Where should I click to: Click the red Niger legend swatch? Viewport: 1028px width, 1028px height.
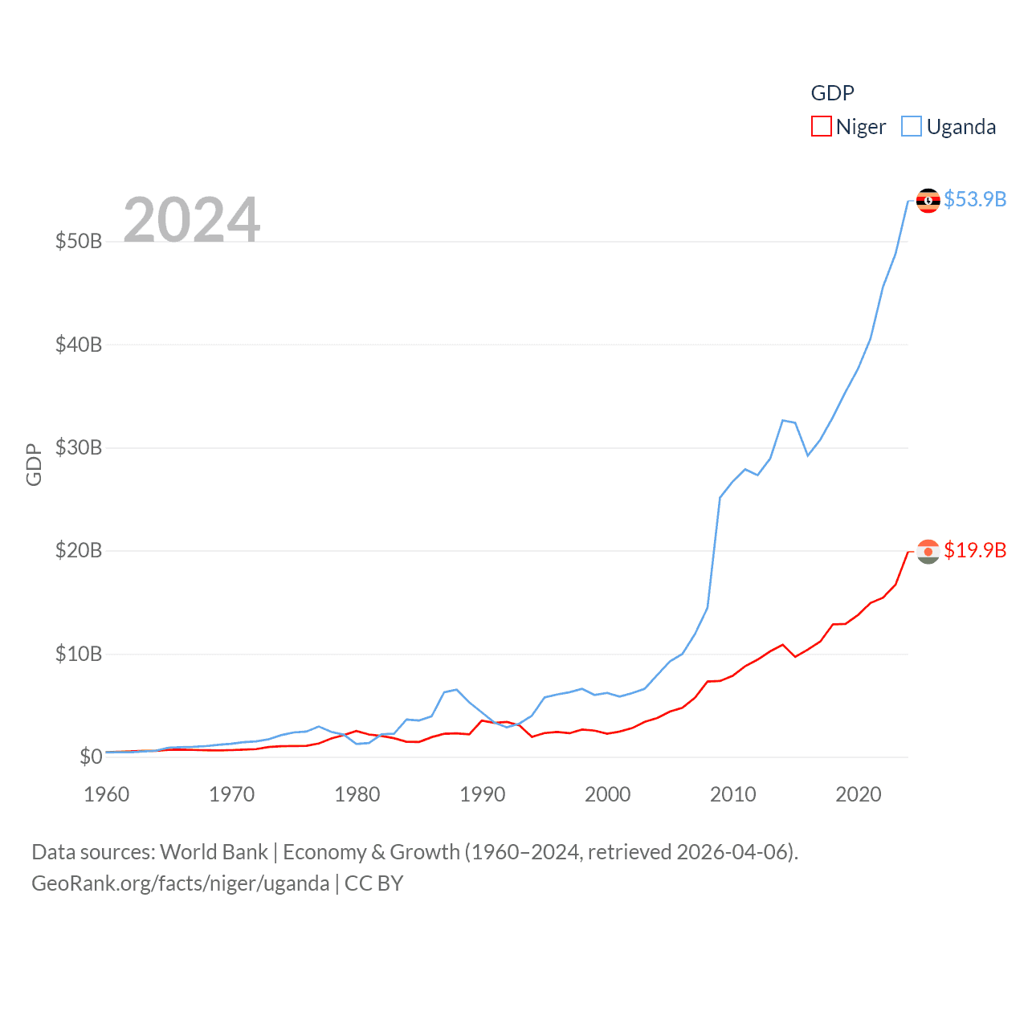(821, 127)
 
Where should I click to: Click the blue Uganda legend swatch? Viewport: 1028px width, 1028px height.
(911, 127)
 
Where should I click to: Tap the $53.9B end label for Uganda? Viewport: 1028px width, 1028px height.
(975, 199)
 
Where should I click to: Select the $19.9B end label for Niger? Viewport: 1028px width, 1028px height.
(975, 550)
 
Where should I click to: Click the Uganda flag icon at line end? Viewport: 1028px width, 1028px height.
(928, 201)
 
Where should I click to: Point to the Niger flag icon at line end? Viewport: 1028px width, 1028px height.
(928, 552)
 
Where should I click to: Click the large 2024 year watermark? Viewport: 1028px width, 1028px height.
(191, 219)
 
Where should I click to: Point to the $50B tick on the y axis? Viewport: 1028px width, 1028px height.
(79, 241)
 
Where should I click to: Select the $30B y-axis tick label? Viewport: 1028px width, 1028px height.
(79, 447)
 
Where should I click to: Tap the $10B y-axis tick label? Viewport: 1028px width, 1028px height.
(79, 654)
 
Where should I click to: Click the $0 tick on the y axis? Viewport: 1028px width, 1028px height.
(91, 757)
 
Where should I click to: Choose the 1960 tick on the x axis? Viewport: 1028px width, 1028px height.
(107, 794)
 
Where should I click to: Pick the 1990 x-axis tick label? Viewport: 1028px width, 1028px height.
(483, 794)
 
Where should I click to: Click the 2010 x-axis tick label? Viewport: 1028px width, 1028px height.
(733, 794)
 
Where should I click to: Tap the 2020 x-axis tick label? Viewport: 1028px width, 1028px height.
(859, 794)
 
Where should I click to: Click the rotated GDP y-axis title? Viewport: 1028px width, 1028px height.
(34, 464)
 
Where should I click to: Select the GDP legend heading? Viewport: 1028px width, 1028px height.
(832, 93)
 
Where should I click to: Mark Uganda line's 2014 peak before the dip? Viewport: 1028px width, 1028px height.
(783, 420)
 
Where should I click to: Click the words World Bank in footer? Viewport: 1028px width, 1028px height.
(214, 852)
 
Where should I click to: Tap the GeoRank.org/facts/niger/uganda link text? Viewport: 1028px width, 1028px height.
(181, 883)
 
